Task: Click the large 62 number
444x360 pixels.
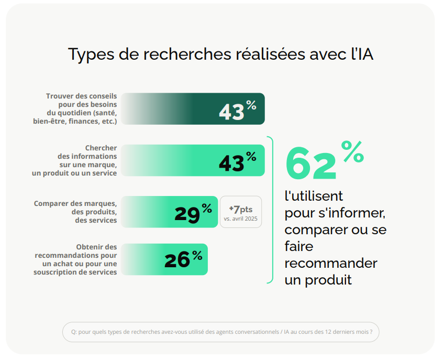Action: coord(311,165)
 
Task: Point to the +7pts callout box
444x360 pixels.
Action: coord(241,212)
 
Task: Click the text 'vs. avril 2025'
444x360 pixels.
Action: coord(241,219)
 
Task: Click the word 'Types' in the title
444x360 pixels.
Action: coord(86,54)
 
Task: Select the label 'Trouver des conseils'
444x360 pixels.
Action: coord(81,96)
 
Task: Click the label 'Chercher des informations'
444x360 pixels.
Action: coord(87,152)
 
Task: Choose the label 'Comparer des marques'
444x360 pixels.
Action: coord(75,203)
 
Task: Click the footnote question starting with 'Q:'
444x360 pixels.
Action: coord(220,332)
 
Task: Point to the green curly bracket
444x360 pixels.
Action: coord(271,210)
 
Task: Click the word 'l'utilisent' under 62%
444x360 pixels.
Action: coord(314,196)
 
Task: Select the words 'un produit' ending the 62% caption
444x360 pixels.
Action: coord(318,280)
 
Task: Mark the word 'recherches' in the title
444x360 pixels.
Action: coord(175,54)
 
